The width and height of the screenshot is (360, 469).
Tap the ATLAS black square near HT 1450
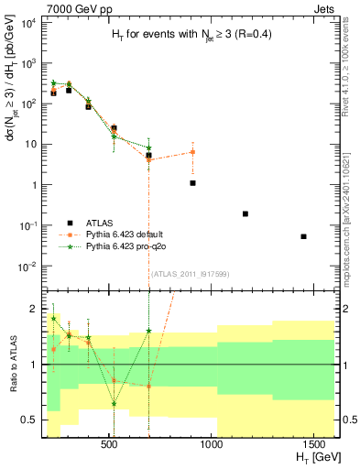click(x=304, y=236)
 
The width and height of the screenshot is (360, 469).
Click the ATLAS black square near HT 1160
click(x=245, y=213)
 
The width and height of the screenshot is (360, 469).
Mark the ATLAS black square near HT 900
click(x=193, y=183)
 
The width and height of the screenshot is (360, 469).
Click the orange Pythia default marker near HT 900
click(x=193, y=152)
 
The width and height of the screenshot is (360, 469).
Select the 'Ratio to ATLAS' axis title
click(x=13, y=364)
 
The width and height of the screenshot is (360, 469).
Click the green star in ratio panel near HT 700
click(x=148, y=331)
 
